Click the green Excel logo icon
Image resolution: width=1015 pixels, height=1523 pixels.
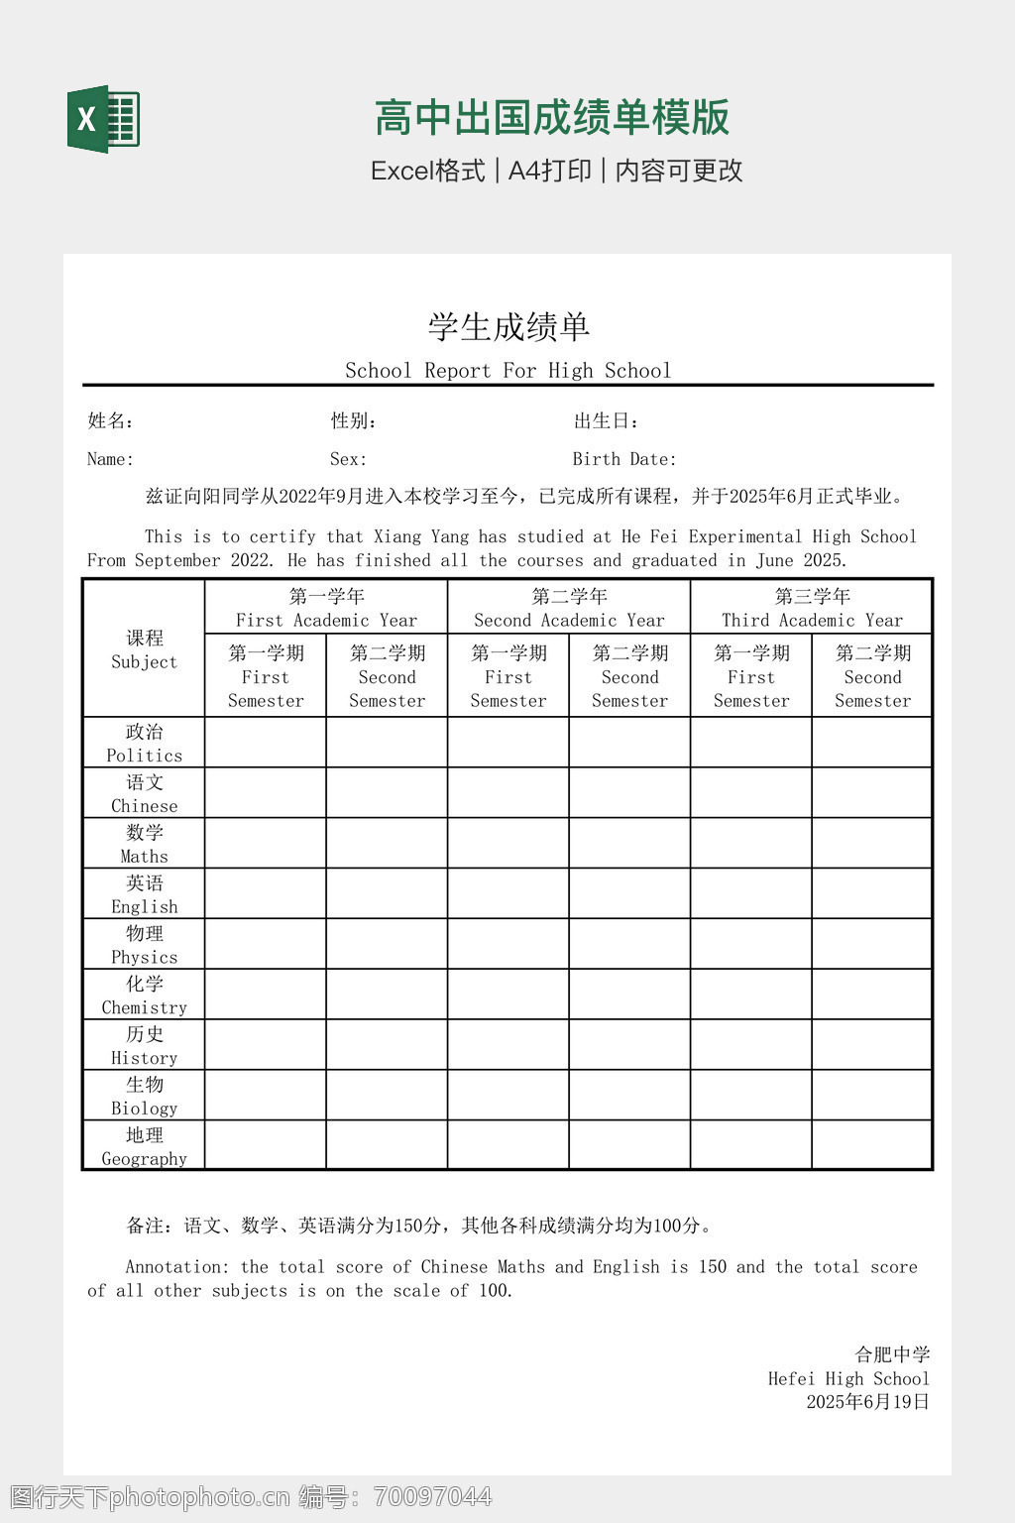tap(103, 119)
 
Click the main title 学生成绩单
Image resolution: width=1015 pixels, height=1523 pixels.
tap(508, 326)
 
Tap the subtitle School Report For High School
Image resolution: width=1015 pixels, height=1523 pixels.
tap(507, 371)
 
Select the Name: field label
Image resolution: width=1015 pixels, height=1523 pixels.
tap(110, 459)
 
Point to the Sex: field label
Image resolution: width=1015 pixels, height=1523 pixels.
tap(348, 459)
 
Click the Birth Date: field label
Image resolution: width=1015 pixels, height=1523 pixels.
tap(624, 459)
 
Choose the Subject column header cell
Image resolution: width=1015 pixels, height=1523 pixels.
tap(144, 648)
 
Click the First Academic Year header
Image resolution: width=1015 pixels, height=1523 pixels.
tap(326, 608)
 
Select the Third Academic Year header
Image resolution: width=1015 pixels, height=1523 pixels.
tap(812, 608)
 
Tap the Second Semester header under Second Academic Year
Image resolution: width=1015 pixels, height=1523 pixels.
tap(629, 676)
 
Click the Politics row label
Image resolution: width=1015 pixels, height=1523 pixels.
tap(144, 743)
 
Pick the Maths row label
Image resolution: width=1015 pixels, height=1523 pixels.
tap(144, 844)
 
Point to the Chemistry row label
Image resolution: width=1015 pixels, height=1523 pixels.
tap(144, 995)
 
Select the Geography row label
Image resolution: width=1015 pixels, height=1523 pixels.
tap(144, 1146)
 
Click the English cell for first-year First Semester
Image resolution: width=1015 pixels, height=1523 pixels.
tap(266, 893)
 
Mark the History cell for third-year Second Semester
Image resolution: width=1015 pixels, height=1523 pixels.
tap(872, 1045)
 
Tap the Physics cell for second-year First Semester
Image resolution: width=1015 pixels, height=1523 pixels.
tap(508, 944)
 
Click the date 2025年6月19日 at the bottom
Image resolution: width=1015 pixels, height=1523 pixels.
tap(867, 1402)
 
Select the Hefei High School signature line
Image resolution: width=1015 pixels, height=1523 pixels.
tap(848, 1378)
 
